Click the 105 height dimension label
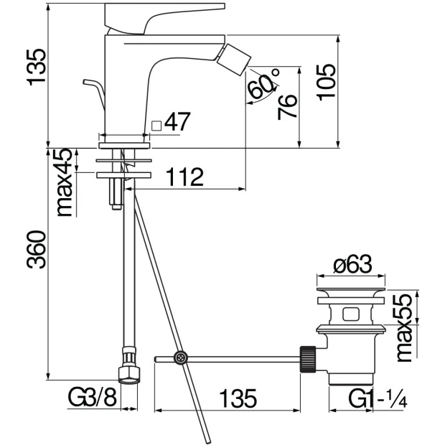[x=327, y=83]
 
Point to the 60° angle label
[x=263, y=83]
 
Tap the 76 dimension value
[x=287, y=107]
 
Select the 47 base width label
[x=177, y=122]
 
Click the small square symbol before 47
[x=156, y=126]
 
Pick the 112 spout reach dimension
[x=184, y=177]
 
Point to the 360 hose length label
[x=36, y=250]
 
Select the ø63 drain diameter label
[x=352, y=264]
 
